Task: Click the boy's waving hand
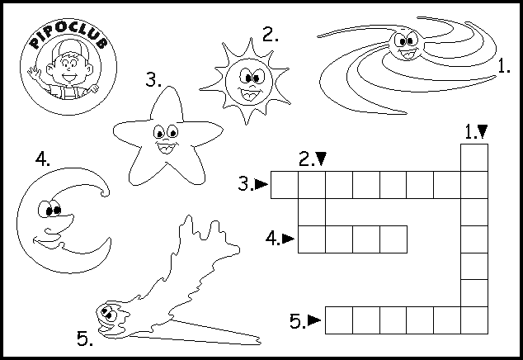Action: tap(33, 72)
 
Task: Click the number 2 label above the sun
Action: tap(271, 34)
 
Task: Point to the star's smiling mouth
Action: tap(166, 147)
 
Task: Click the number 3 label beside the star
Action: tap(153, 80)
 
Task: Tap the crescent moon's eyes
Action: tap(49, 209)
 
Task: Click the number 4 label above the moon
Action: tap(43, 159)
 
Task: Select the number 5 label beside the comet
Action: tap(85, 339)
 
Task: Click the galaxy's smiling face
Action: tap(407, 45)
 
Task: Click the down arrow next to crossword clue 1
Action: tap(483, 131)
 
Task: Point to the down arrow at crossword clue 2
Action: tap(321, 159)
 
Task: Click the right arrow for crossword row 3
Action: tap(261, 184)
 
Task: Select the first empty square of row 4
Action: tap(312, 239)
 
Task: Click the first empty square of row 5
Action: tap(339, 320)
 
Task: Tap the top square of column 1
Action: tap(474, 158)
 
